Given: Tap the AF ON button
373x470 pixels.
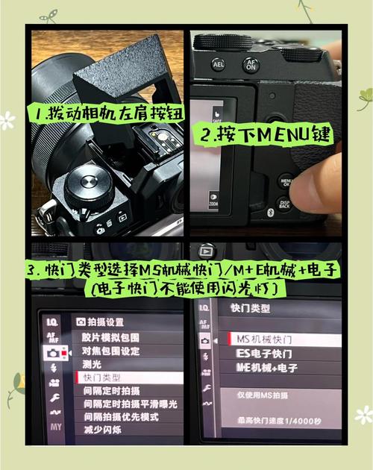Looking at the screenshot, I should click(251, 65).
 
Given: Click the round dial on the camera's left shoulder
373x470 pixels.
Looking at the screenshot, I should click(89, 188).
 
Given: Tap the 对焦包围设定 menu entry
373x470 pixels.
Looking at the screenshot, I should click(110, 350).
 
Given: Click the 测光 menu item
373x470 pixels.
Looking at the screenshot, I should click(92, 364).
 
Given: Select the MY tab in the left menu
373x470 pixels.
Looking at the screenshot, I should click(56, 427).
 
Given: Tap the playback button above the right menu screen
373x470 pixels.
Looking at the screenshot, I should click(206, 251).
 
